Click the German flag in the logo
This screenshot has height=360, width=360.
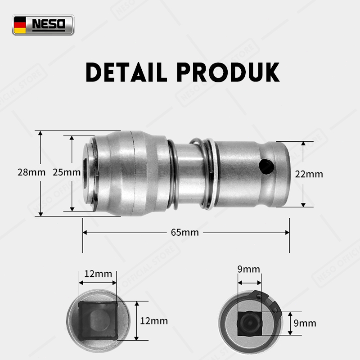20,25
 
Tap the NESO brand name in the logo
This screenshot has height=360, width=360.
49,24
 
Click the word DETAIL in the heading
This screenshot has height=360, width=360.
126,72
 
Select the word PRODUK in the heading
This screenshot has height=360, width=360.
228,72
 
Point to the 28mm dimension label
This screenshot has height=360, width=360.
31,172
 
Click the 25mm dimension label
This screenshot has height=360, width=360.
67,172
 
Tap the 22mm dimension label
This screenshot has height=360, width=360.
309,174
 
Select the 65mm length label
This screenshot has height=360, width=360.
185,232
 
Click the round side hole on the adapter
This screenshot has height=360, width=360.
266,166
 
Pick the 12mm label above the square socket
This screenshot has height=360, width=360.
98,274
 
